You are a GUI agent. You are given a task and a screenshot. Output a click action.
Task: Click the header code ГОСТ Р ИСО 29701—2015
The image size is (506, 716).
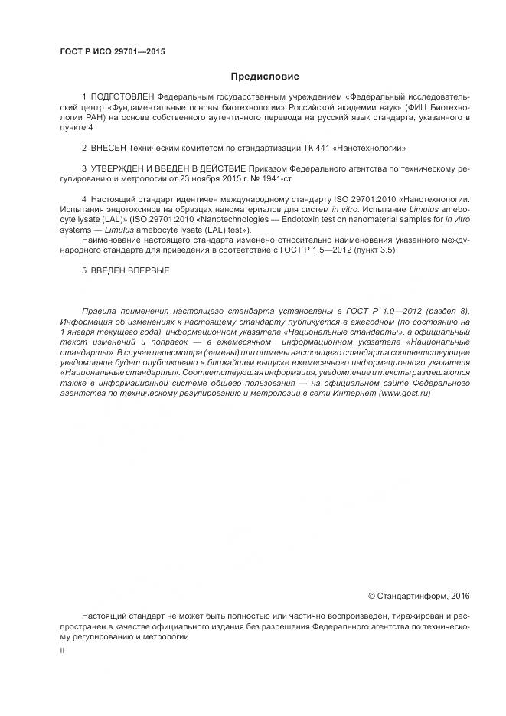[113, 52]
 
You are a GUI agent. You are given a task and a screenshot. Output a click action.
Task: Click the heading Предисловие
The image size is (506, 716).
[265, 77]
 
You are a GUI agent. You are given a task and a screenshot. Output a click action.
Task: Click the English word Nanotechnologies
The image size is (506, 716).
[240, 220]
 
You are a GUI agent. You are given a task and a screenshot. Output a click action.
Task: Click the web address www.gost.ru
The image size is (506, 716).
[405, 392]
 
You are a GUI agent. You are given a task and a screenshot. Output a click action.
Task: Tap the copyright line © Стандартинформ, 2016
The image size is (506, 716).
[419, 596]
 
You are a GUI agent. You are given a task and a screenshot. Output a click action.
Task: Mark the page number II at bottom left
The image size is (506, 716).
[62, 650]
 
